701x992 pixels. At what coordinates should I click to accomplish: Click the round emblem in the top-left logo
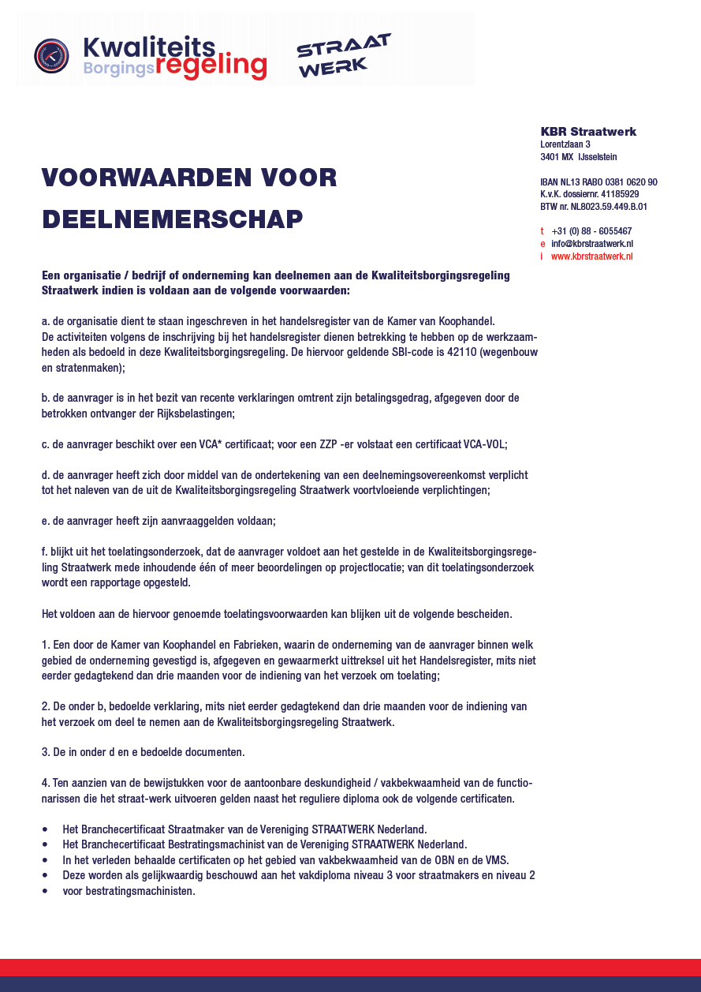(x=51, y=55)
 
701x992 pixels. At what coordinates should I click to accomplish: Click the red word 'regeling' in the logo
(x=211, y=66)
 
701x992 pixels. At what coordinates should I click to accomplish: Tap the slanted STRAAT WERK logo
(x=343, y=55)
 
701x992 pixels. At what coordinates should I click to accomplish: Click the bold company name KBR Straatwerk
(x=588, y=132)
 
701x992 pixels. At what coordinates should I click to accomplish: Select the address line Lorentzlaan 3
(x=565, y=144)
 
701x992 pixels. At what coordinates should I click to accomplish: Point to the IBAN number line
(x=598, y=182)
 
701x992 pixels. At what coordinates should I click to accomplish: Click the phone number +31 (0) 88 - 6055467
(x=591, y=231)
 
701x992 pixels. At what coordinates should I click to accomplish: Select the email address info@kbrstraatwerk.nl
(x=592, y=244)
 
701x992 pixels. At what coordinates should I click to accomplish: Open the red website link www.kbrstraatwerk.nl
(x=591, y=256)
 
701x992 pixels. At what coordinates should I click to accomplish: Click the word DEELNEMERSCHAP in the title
(x=172, y=219)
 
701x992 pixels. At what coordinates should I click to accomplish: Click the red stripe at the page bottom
(x=350, y=968)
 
